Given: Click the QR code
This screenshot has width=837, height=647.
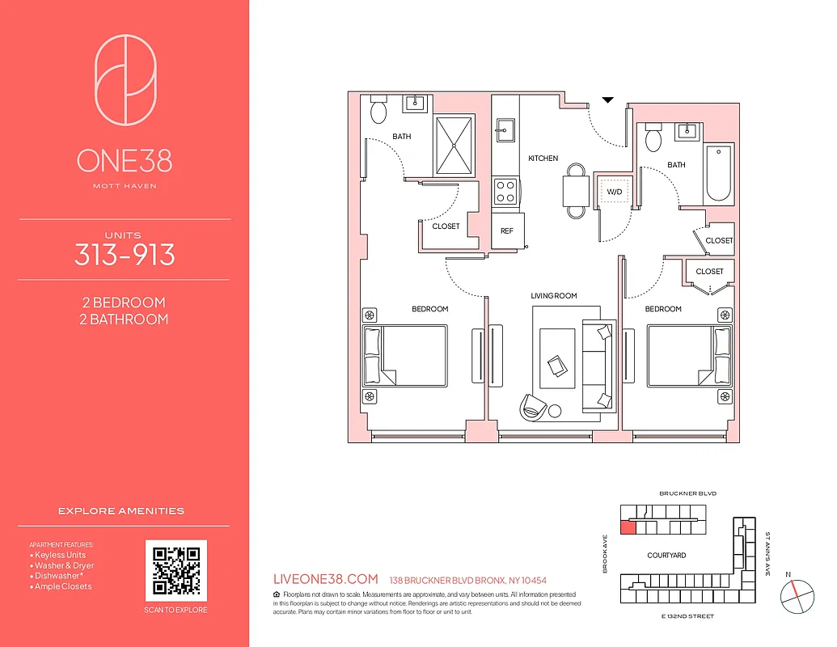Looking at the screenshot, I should pos(176,571).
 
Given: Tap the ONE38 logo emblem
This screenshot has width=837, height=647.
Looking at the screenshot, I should pos(125,78).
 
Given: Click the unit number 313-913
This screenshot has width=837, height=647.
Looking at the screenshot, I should pos(125,255).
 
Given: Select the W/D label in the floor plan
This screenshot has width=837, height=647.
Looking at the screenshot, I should pos(615,192).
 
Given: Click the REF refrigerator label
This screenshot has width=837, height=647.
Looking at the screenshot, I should pos(507,230).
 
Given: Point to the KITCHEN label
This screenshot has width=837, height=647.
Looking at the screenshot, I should pos(543,159).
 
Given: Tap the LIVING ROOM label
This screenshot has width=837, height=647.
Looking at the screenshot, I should pos(554,296).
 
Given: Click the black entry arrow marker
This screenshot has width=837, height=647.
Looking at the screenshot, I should pos(608,100).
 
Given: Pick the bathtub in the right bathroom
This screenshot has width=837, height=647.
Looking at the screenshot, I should pos(718,175).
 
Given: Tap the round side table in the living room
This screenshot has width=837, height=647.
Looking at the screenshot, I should pos(555,411).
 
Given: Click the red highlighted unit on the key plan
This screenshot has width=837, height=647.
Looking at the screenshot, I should pos(628,528).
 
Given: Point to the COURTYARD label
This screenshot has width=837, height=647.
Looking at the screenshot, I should pos(666,556).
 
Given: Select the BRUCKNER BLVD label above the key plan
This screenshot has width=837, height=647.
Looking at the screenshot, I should pos(688,493).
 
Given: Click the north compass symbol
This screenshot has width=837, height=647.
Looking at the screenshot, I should pos(796,596).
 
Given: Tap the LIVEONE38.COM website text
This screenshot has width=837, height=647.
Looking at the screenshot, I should pos(327,579).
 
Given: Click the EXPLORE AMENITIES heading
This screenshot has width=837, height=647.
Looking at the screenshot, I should pos(121,511).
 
